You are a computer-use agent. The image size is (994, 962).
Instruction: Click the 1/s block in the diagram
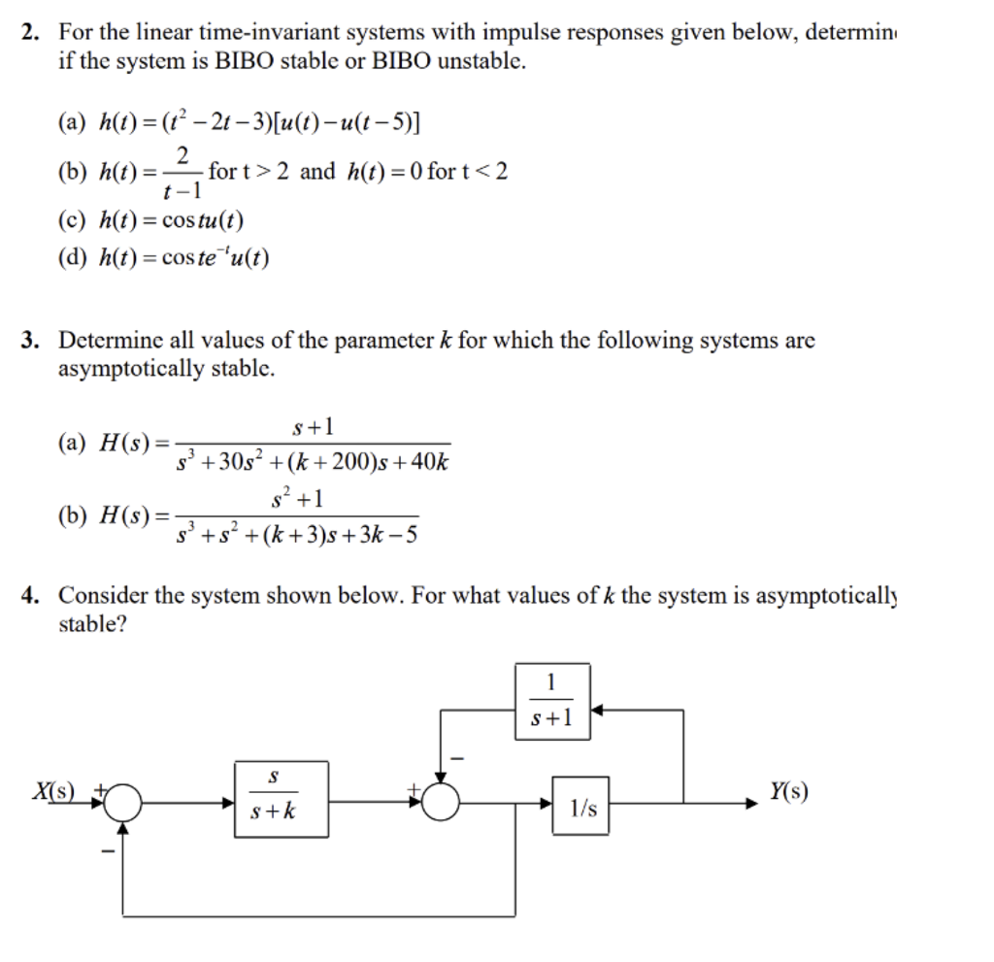581,805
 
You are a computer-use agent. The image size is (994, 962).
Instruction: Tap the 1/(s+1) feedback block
551,700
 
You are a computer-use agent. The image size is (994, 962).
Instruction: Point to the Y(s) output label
786,791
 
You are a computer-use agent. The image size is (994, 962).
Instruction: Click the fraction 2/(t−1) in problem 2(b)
182,173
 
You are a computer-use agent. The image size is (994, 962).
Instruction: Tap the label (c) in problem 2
73,220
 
